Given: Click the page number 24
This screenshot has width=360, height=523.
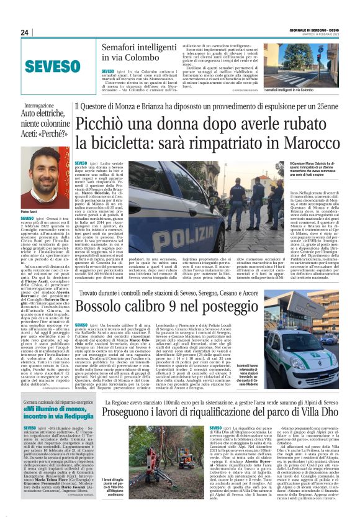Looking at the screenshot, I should (x=25, y=32).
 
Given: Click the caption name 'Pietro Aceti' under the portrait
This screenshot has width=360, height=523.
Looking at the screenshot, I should (x=29, y=212).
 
